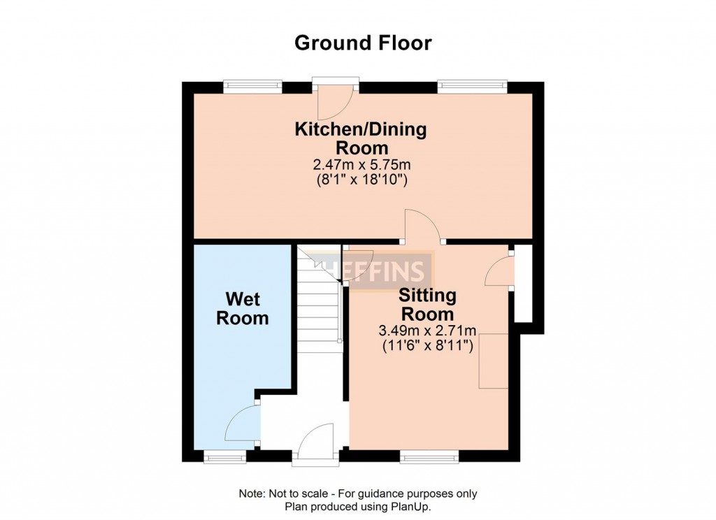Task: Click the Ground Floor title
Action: click(363, 43)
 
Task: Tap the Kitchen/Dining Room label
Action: click(361, 138)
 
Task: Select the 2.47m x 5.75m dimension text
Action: click(361, 166)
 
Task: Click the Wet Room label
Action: click(242, 309)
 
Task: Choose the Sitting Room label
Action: click(428, 304)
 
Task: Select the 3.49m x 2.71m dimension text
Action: click(429, 331)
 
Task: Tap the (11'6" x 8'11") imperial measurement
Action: click(429, 345)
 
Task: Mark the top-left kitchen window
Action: click(252, 86)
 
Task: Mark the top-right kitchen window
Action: click(472, 86)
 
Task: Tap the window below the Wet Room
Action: click(224, 457)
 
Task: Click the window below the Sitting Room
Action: click(429, 457)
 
